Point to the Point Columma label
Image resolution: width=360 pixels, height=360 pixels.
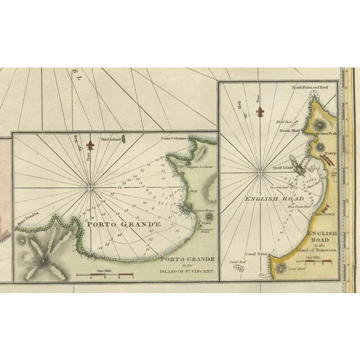(173, 138)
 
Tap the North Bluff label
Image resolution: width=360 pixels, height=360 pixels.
(288, 130)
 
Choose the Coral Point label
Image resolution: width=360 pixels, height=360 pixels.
(255, 254)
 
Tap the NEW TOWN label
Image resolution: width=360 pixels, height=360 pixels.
(325, 215)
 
